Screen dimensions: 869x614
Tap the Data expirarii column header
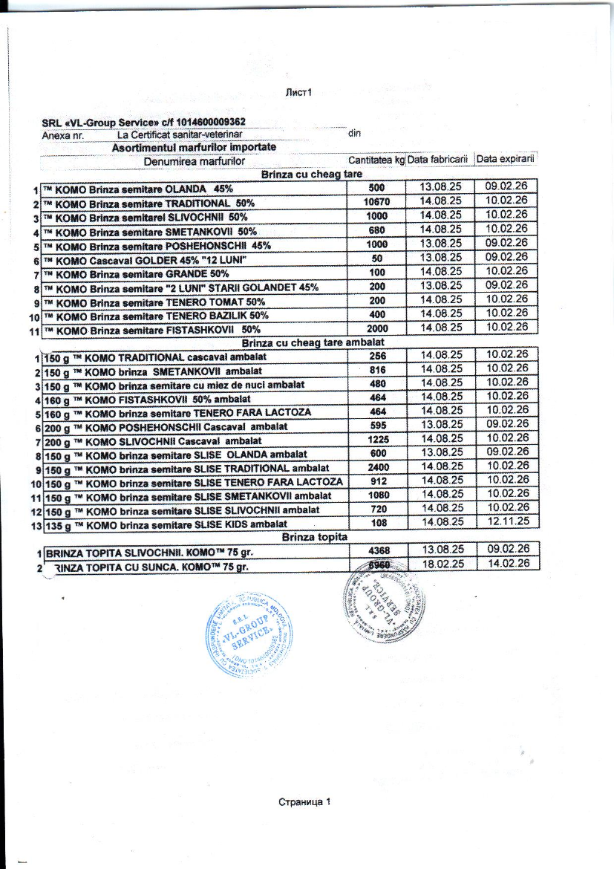coord(506,160)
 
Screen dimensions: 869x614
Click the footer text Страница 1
coord(303,802)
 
